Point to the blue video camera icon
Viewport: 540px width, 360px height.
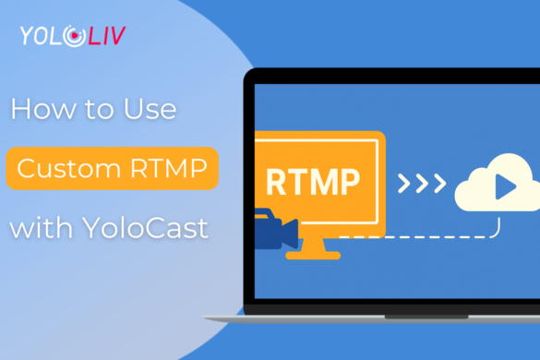(x=276, y=234)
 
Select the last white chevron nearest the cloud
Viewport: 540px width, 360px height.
(x=439, y=183)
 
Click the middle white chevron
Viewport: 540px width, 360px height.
(x=422, y=183)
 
